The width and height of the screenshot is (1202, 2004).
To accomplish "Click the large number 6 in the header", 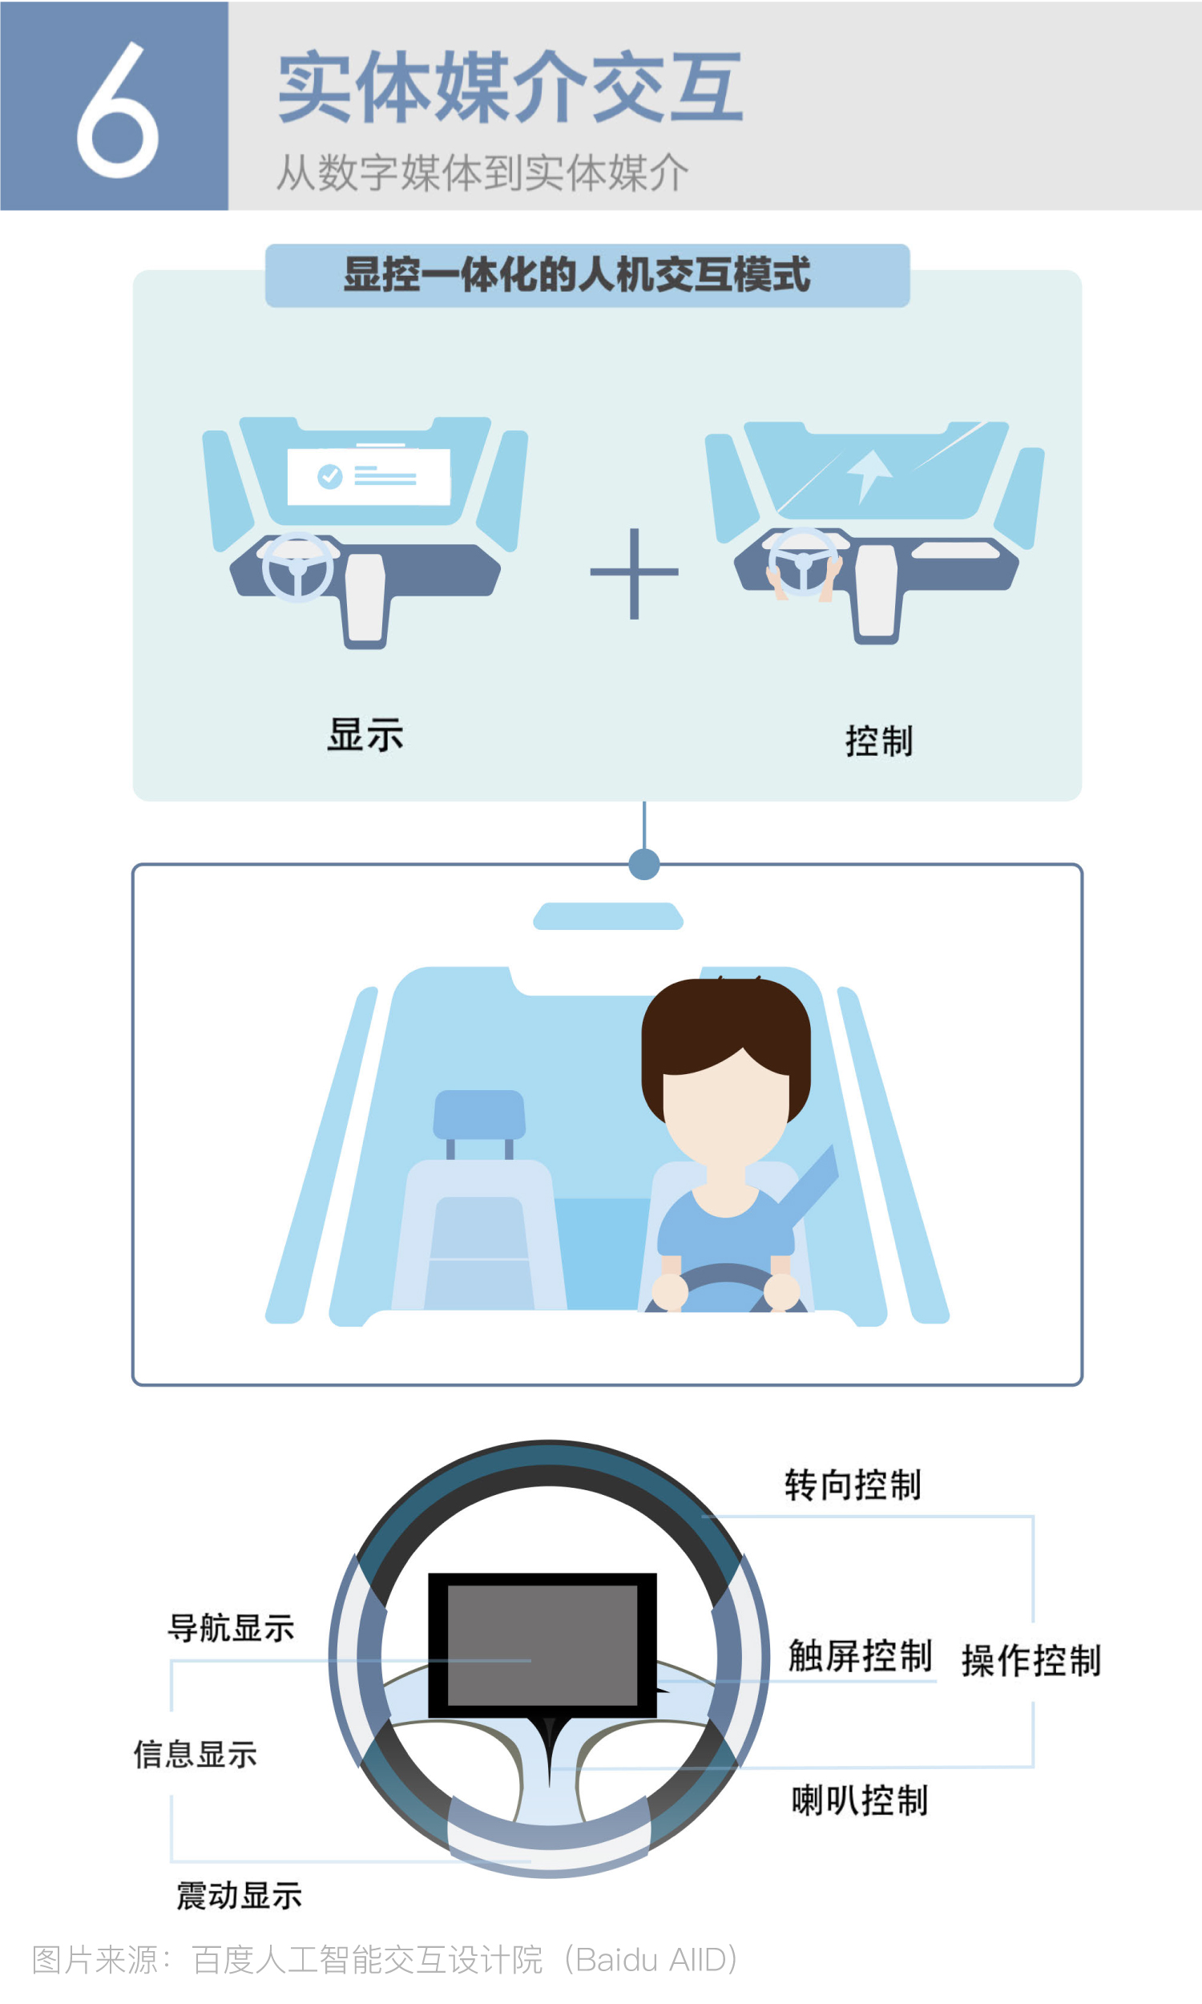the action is (118, 109).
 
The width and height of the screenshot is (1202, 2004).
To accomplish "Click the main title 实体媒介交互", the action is (510, 87).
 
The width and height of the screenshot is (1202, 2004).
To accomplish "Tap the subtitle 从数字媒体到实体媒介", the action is (482, 172).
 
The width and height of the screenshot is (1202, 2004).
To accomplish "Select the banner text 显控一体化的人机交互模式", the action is (577, 274).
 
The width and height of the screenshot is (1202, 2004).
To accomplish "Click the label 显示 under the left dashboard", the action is (365, 735).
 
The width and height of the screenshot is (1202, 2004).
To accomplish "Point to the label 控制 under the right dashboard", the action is (880, 741).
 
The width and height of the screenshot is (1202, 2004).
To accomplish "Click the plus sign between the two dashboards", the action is (634, 572).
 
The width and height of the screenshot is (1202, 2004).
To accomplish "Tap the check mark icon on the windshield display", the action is (329, 476).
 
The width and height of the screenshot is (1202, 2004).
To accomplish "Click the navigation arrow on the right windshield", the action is (869, 475).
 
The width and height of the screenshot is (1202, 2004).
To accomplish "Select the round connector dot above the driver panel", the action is (644, 864).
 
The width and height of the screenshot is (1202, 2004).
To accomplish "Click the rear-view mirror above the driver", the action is (608, 916).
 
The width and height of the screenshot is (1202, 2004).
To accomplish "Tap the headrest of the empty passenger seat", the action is (479, 1114).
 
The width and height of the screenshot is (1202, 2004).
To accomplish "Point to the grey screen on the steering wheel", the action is (543, 1645).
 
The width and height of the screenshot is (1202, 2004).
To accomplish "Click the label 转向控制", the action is (853, 1485).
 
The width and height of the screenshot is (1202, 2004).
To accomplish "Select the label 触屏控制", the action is (860, 1655).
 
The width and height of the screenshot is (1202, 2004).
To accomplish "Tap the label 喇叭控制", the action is (859, 1800).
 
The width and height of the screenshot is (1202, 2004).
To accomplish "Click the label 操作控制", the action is (1031, 1660).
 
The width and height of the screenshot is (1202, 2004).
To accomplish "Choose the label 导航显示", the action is (231, 1627).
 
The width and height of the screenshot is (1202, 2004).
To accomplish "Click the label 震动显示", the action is (239, 1896).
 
